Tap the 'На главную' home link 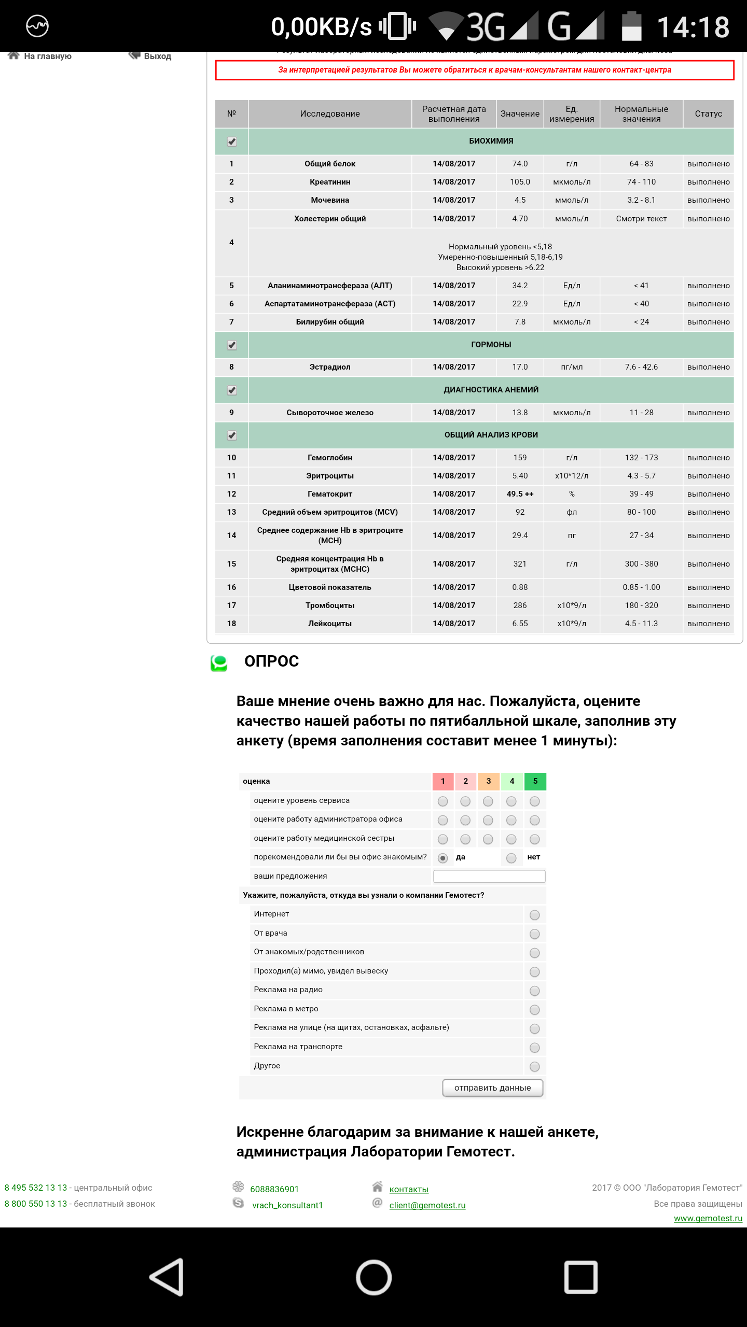coord(47,56)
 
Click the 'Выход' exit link coord(156,56)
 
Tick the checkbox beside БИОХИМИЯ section coord(232,142)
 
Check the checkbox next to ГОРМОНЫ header coord(232,345)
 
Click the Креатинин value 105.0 coord(520,182)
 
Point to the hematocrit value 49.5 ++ coord(520,494)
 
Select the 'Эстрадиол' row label coord(330,367)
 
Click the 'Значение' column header coord(520,114)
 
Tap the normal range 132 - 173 coord(641,458)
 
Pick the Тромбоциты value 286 coord(520,605)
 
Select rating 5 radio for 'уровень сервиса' coord(535,801)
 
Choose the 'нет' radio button coord(511,858)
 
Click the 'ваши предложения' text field coord(489,876)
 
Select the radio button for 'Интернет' coord(535,915)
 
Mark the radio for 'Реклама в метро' coord(535,1010)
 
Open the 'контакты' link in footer coord(409,1189)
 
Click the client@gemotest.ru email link coord(427,1205)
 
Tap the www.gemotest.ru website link coord(708,1218)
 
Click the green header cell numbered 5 coord(535,781)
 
